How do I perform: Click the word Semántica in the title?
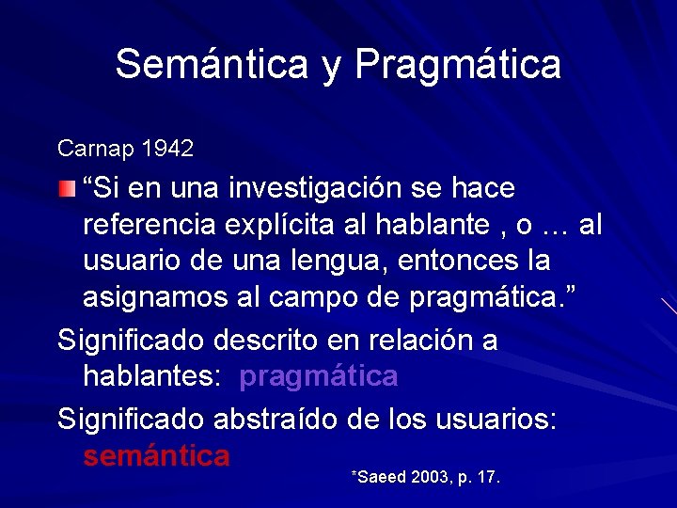[x=211, y=65]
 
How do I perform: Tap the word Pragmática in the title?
[x=458, y=65]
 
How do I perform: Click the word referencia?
[x=147, y=225]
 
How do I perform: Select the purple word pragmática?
[x=319, y=376]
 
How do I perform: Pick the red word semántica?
[x=156, y=456]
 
